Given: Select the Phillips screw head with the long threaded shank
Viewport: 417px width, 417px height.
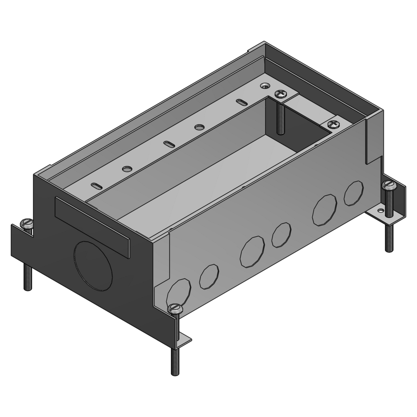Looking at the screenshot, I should [281, 95].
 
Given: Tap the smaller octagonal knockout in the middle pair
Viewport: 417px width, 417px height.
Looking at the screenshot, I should [282, 235].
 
